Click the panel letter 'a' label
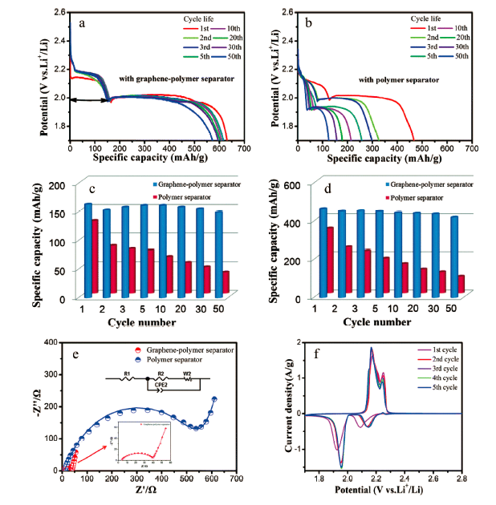(82, 24)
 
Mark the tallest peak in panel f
(372, 349)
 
